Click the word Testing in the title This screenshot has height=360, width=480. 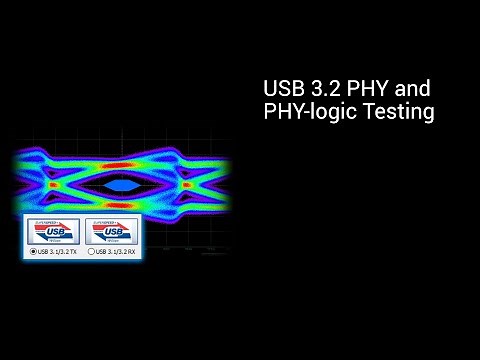[397, 113]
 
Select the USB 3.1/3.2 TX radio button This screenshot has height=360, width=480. [33, 251]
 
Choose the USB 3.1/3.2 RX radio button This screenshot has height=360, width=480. [93, 251]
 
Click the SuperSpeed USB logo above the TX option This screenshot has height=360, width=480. [54, 232]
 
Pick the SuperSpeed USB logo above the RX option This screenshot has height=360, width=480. [112, 232]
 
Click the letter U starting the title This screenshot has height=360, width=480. [269, 89]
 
